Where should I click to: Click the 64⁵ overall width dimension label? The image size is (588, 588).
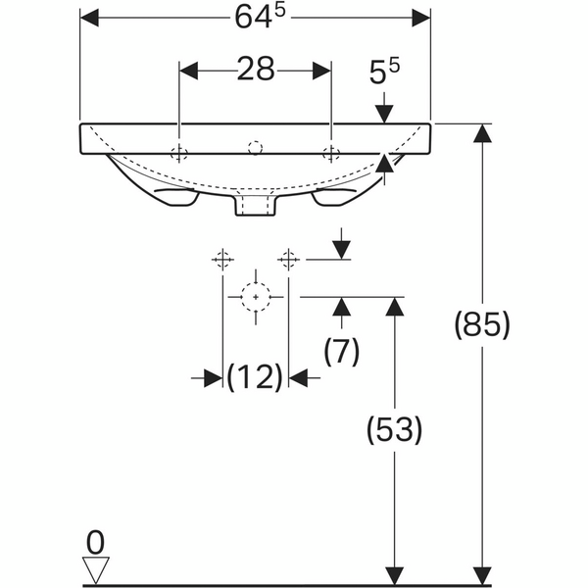260,17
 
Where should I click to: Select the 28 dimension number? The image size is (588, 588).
256,69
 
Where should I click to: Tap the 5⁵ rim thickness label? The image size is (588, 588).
384,71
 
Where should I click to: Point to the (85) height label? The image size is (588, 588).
482,324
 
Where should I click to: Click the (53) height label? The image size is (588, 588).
394,429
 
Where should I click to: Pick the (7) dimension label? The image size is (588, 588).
341,351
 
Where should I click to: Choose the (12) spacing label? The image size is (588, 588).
255,377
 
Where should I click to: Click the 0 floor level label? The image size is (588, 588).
95,542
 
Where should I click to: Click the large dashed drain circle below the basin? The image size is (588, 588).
256,297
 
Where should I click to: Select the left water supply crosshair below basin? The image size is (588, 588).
222,259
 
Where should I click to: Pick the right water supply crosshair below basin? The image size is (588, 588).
288,259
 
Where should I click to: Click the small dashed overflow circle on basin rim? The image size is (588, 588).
255,147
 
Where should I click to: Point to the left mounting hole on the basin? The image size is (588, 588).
179,153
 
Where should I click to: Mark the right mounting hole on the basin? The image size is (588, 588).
331,153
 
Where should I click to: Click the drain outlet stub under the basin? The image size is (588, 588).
256,206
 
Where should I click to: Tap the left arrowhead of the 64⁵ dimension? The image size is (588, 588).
89,18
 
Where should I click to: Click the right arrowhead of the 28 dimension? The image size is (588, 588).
321,71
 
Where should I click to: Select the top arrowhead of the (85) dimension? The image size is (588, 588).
482,133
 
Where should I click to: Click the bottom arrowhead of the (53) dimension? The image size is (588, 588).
394,576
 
